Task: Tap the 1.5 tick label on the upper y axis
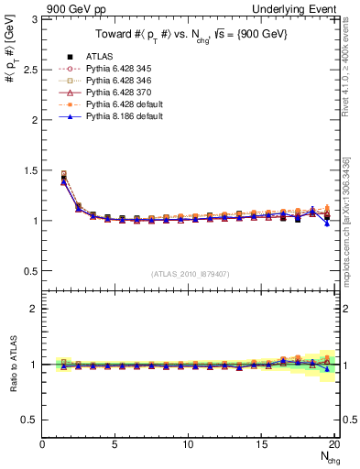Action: tap(30, 170)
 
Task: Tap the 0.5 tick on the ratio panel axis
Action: tap(30, 420)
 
